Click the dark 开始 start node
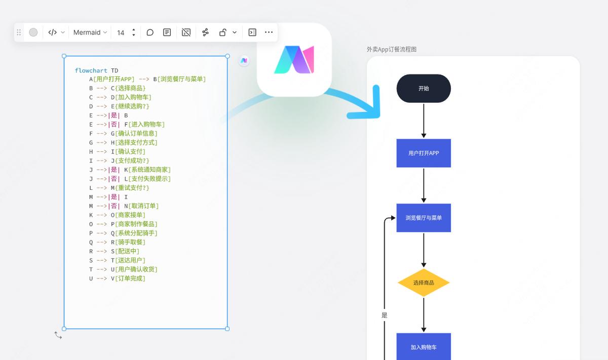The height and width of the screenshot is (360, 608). [424, 89]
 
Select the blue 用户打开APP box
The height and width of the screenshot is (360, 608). [424, 153]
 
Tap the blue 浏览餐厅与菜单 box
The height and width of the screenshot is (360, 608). [424, 218]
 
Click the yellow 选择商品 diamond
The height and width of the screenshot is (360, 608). [424, 283]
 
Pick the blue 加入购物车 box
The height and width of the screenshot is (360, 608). [424, 347]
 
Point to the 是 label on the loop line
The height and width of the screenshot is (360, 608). [385, 315]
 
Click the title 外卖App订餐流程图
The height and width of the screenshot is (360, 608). [392, 49]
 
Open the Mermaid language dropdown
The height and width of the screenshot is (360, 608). [90, 32]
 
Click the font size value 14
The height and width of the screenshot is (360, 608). [121, 32]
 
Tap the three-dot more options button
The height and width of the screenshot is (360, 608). [269, 32]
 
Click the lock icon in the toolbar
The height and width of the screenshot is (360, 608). [222, 32]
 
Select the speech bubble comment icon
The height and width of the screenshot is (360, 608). [150, 32]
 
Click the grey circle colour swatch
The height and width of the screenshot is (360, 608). [33, 32]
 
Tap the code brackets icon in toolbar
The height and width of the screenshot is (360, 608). [53, 32]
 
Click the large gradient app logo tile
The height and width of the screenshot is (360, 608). [294, 60]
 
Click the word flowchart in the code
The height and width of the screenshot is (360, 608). [91, 70]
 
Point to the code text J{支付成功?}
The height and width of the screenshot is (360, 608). [130, 161]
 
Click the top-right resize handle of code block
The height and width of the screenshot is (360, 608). [227, 56]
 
